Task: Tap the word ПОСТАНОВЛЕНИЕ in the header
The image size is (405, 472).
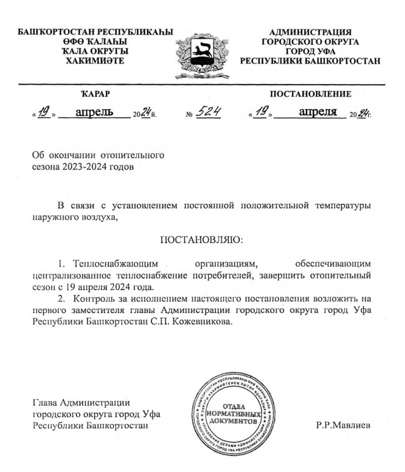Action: tap(310, 94)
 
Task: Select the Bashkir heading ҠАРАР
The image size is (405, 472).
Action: tap(95, 94)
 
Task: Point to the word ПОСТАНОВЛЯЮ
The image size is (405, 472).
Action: tap(202, 240)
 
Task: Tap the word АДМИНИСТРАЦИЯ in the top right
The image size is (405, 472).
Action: tap(310, 32)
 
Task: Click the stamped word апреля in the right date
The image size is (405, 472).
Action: tap(318, 112)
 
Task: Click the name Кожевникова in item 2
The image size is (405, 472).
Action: tap(204, 322)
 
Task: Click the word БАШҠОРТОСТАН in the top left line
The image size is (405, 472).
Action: tap(47, 32)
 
